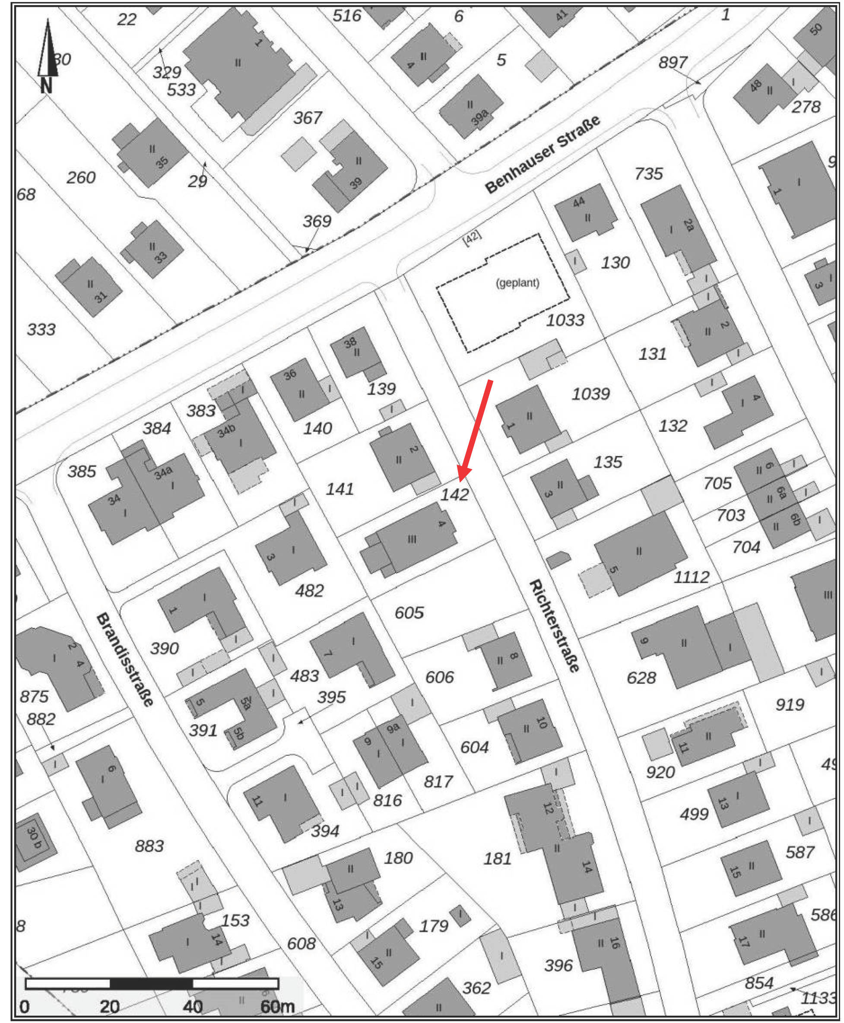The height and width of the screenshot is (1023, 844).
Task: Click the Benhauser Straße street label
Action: [543, 155]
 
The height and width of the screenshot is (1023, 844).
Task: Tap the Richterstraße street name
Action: [555, 625]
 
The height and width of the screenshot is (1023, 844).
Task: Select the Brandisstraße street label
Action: [125, 659]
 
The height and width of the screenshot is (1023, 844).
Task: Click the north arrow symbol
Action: [47, 56]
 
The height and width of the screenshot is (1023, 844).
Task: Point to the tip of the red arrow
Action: [460, 481]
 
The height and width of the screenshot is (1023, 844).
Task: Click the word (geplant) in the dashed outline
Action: [517, 283]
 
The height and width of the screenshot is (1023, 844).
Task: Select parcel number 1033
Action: [565, 320]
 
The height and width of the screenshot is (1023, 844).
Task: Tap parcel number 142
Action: [454, 495]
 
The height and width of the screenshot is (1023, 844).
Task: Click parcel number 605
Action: [409, 613]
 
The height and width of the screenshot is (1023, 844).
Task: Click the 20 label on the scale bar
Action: [110, 1006]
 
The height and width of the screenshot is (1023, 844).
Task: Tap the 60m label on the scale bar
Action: [277, 1006]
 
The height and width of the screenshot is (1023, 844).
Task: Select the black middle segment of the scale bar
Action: [151, 984]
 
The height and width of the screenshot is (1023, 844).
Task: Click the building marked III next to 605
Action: [411, 538]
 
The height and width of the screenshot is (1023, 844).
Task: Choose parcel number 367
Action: [308, 118]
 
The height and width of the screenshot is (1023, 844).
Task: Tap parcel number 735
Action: [649, 174]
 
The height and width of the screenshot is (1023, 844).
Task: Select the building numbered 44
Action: [586, 212]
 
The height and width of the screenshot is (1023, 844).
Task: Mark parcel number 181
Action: [497, 859]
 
